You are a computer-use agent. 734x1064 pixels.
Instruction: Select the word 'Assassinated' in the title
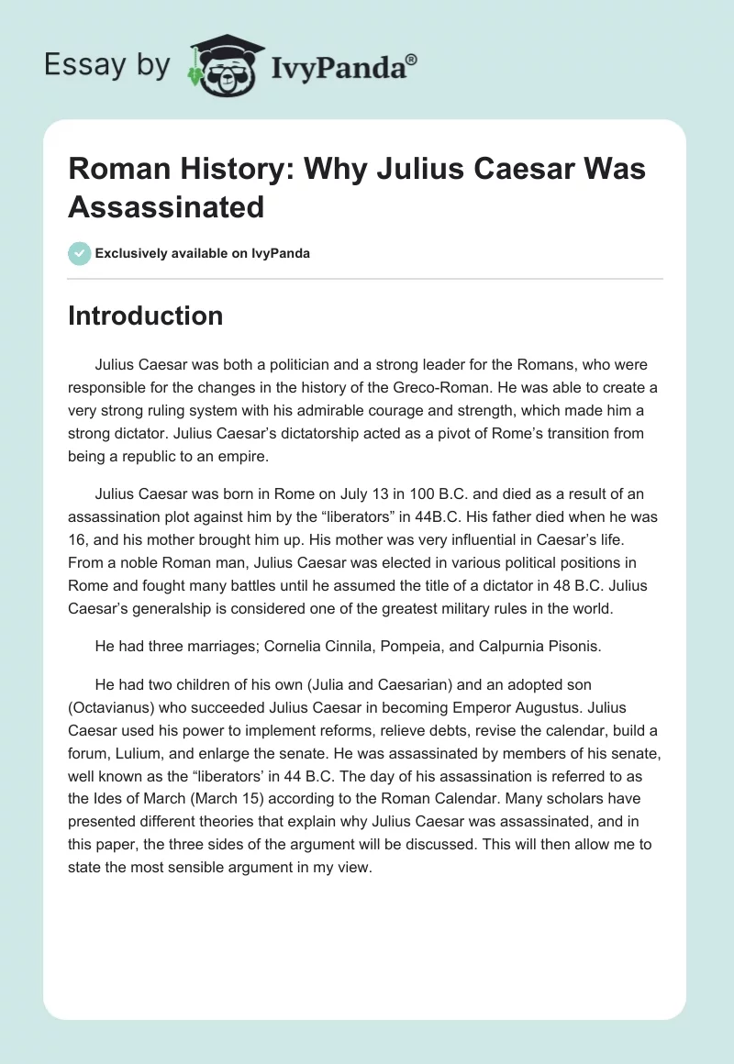tap(166, 205)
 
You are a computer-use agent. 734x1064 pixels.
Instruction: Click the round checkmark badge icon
tap(80, 253)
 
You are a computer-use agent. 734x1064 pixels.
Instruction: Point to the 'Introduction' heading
tap(145, 316)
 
